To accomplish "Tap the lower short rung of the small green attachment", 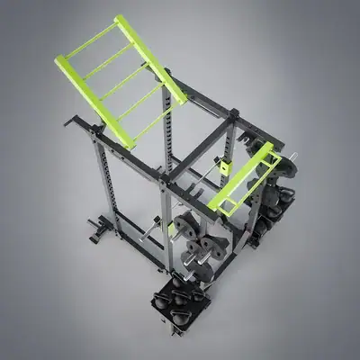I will pyautogui.click(x=231, y=200).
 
